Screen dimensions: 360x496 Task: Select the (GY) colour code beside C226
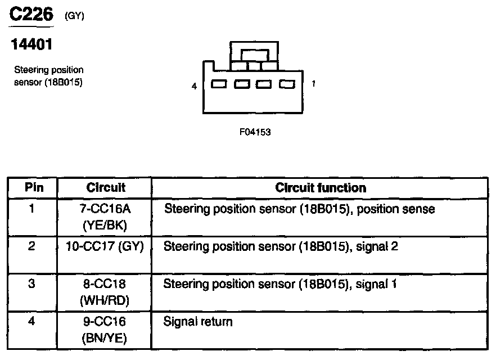click(x=74, y=16)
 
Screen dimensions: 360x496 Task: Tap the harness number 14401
click(x=32, y=45)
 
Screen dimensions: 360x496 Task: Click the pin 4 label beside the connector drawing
click(x=194, y=87)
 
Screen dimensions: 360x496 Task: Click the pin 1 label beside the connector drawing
click(x=313, y=84)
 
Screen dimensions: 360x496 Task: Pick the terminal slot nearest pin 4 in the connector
click(x=219, y=84)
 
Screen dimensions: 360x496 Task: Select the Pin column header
click(x=33, y=187)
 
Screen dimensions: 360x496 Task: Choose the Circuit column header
click(x=106, y=187)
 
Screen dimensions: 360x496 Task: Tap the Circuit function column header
click(x=320, y=187)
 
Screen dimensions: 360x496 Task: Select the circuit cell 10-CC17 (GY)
click(x=105, y=246)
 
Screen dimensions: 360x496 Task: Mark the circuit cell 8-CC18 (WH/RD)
click(x=105, y=292)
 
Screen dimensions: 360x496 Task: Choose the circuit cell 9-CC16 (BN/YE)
click(x=105, y=330)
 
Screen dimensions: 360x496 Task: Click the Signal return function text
click(x=197, y=322)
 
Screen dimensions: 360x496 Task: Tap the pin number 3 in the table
click(x=32, y=284)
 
